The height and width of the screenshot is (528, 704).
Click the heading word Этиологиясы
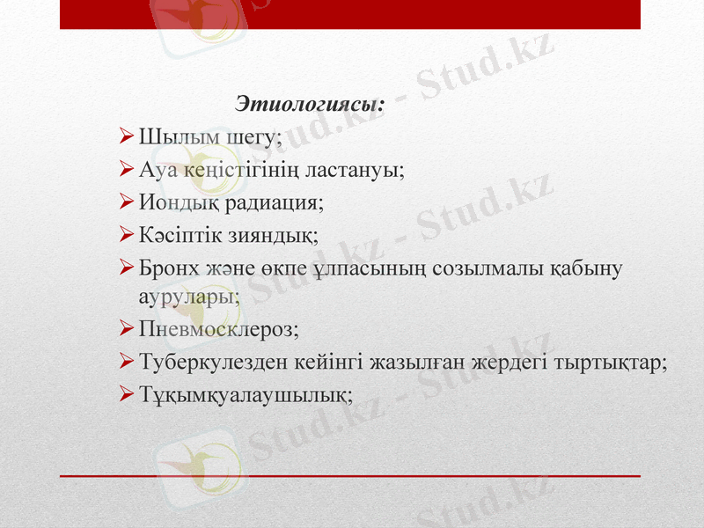click(x=311, y=104)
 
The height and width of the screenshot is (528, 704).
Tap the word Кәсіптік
click(x=181, y=236)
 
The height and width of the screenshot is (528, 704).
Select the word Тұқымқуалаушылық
click(x=246, y=395)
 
